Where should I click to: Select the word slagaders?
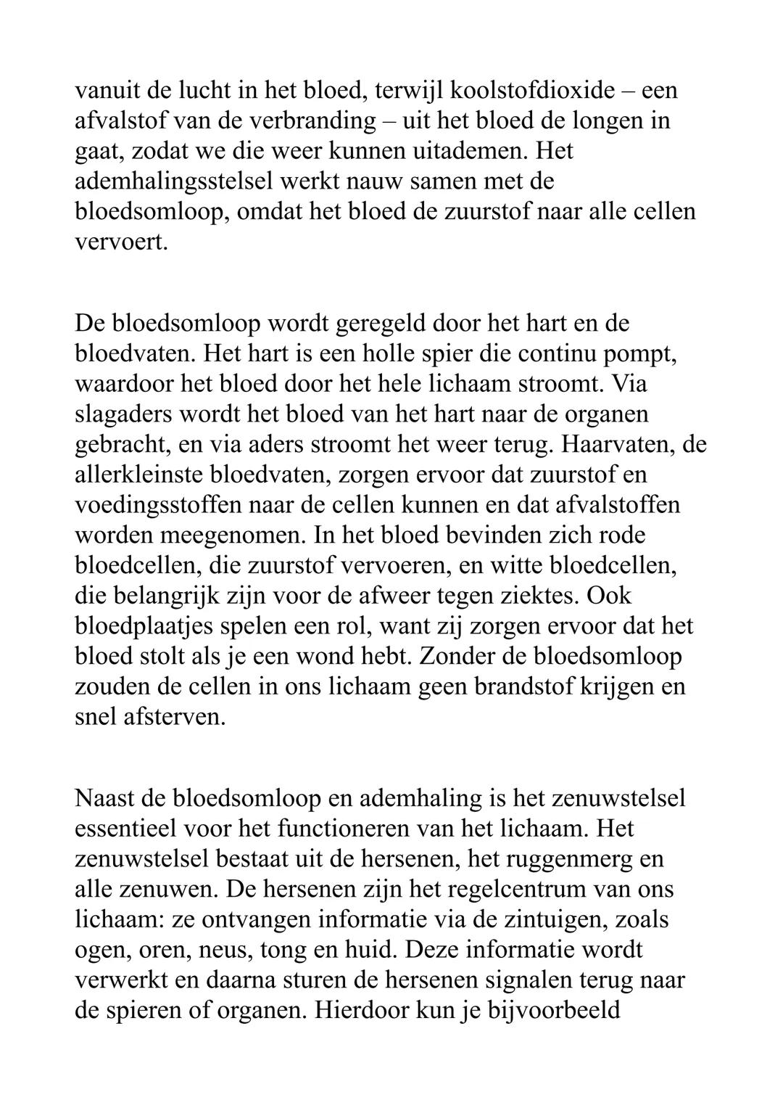click(122, 414)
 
